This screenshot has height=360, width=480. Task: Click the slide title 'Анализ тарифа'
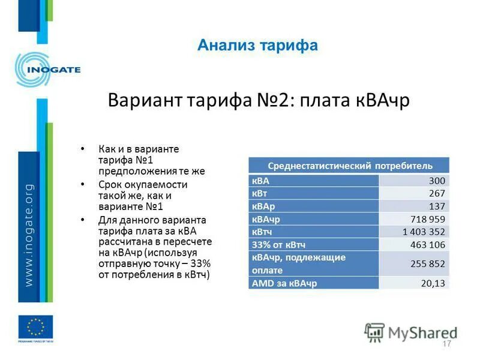click(257, 45)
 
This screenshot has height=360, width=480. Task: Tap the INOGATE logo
click(47, 70)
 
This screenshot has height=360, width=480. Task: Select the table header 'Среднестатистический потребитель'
click(349, 166)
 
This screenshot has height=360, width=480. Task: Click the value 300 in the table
click(437, 181)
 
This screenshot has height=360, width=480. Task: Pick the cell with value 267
click(437, 193)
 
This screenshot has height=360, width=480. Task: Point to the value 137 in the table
click(437, 206)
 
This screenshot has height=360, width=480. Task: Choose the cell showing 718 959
click(428, 218)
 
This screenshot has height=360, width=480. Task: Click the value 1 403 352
click(424, 231)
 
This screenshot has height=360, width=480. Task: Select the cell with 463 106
click(428, 244)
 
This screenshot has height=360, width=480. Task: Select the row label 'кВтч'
click(263, 231)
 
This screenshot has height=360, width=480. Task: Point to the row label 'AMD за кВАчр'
click(284, 283)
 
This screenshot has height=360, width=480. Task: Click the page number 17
click(446, 344)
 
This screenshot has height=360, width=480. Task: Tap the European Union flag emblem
click(35, 327)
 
